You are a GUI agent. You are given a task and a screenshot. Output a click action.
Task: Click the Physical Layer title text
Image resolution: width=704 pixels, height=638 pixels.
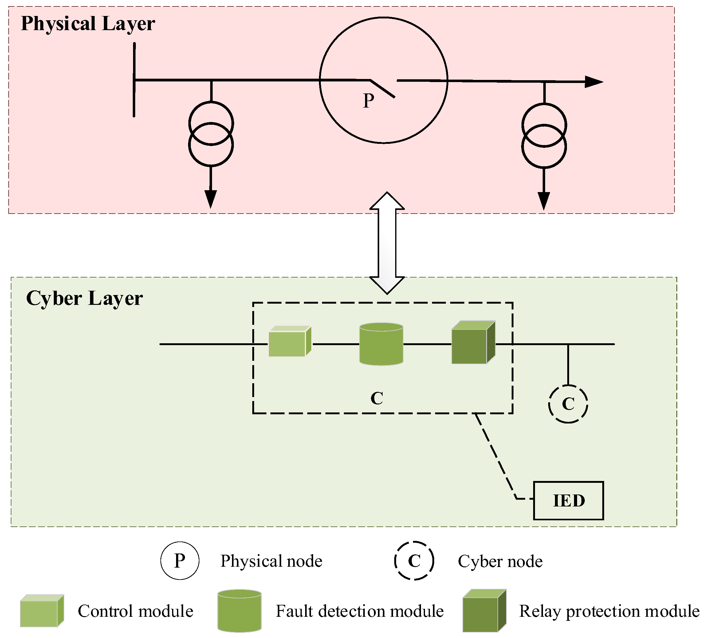(88, 24)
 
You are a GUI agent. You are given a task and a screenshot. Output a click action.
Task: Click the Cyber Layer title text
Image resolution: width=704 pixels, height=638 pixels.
(84, 299)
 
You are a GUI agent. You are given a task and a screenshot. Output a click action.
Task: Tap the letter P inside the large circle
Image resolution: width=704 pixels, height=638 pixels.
(368, 101)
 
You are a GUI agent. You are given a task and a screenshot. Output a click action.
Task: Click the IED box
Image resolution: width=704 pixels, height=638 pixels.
(568, 501)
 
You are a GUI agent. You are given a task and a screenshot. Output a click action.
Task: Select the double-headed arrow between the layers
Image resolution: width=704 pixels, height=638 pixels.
(387, 243)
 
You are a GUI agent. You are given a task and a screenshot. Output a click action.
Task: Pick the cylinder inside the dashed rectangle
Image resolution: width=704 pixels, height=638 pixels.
(381, 344)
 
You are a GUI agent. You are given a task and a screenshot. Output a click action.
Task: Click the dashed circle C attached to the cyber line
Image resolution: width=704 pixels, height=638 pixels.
(568, 404)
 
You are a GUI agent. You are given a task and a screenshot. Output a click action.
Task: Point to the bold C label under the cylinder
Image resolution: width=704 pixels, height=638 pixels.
(376, 398)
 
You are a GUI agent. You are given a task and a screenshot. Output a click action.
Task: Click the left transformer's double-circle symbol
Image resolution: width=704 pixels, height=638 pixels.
(211, 134)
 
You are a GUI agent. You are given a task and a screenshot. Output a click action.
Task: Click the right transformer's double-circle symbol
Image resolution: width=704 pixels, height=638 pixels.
(544, 136)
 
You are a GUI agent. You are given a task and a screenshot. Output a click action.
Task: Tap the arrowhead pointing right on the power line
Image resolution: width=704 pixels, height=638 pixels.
(593, 82)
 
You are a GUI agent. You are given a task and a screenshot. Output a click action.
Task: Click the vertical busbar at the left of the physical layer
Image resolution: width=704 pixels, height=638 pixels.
(134, 80)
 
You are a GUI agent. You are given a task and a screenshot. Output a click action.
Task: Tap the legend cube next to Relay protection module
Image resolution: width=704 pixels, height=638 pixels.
(484, 611)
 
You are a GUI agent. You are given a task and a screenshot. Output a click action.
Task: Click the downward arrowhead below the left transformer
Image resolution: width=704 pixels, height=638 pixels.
(210, 199)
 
